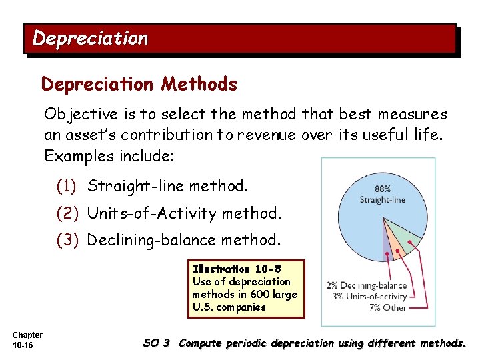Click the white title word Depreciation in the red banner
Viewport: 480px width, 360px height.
90,39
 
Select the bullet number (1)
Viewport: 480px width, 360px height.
69,185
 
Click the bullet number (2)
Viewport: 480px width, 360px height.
69,213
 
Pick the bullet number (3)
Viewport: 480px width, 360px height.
69,239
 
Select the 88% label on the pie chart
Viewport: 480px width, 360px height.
382,189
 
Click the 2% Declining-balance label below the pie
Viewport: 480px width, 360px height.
367,286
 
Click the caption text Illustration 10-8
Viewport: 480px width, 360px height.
237,269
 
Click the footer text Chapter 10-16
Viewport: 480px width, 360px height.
27,340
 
